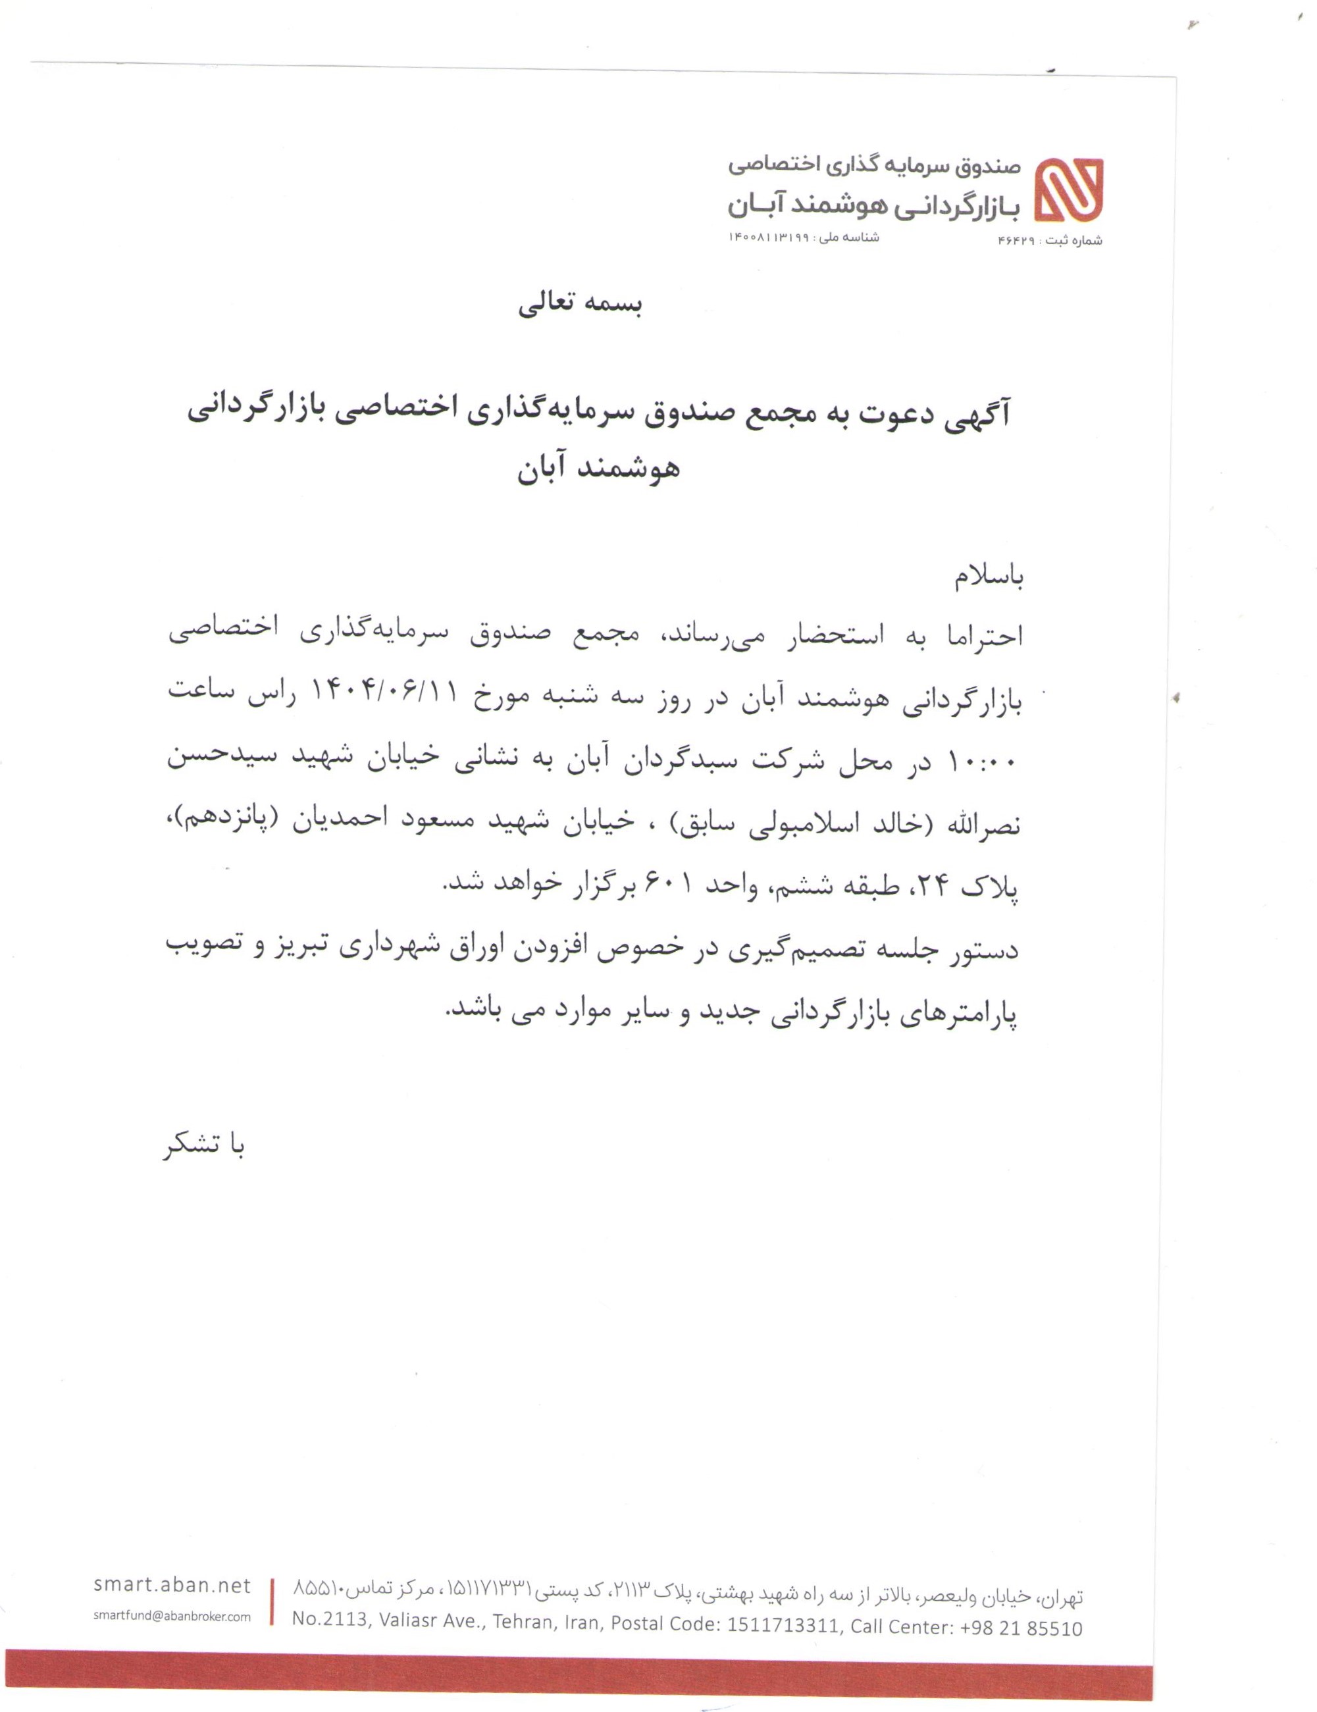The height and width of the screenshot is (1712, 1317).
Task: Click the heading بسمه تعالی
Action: point(580,305)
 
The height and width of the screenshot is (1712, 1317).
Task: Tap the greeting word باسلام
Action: point(989,577)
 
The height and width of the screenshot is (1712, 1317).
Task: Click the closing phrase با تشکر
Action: point(205,1147)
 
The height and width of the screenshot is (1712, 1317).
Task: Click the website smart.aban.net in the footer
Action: point(172,1585)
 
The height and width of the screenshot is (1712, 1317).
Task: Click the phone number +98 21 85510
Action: point(1019,1628)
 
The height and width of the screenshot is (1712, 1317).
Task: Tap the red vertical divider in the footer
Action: point(272,1602)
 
